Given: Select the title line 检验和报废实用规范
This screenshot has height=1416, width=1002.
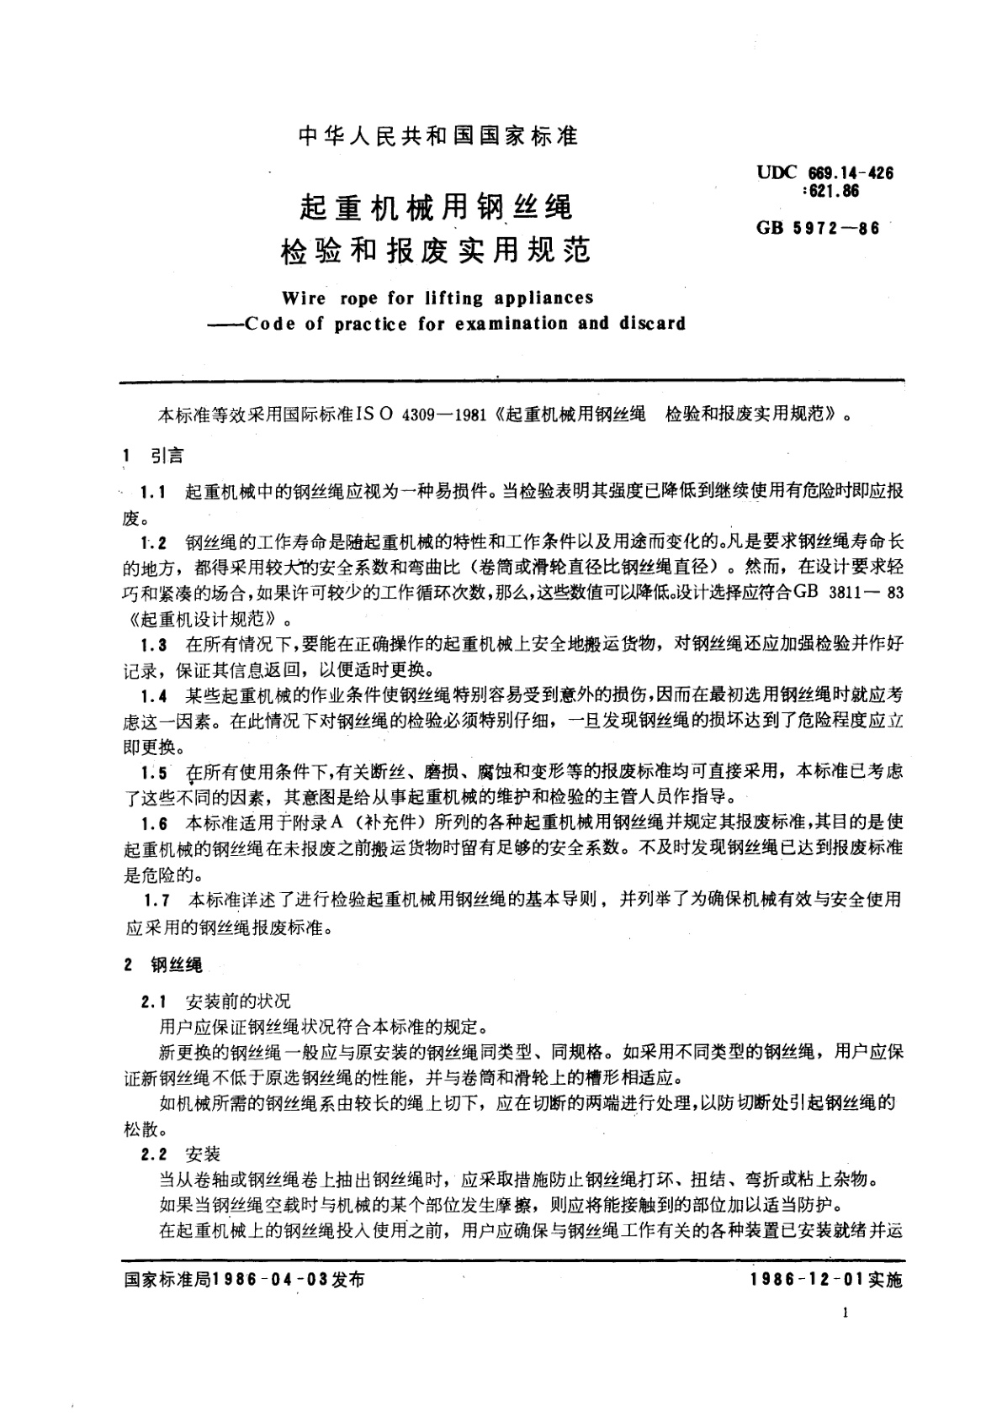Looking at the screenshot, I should [436, 250].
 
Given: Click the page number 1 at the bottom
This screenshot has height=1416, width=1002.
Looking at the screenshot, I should [845, 1316].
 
